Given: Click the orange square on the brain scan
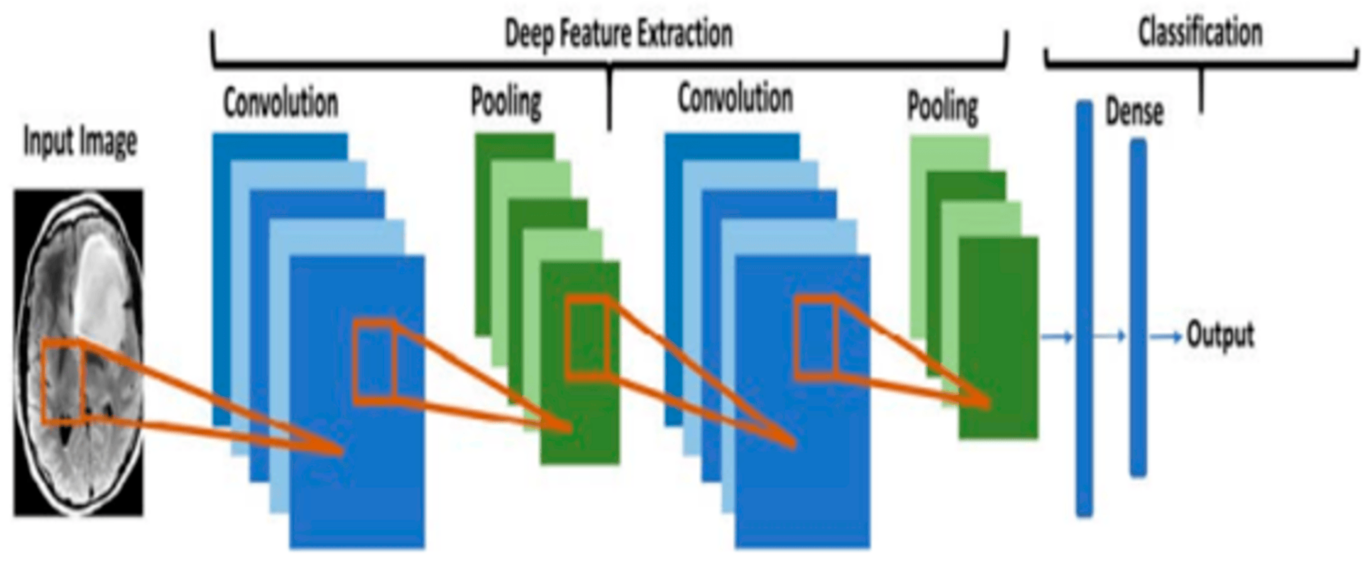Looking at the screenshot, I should tap(62, 382).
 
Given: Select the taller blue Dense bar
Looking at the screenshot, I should tap(1084, 309).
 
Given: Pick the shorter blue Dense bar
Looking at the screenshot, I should tap(1138, 307).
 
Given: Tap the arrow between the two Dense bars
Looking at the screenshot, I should tap(1109, 336).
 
